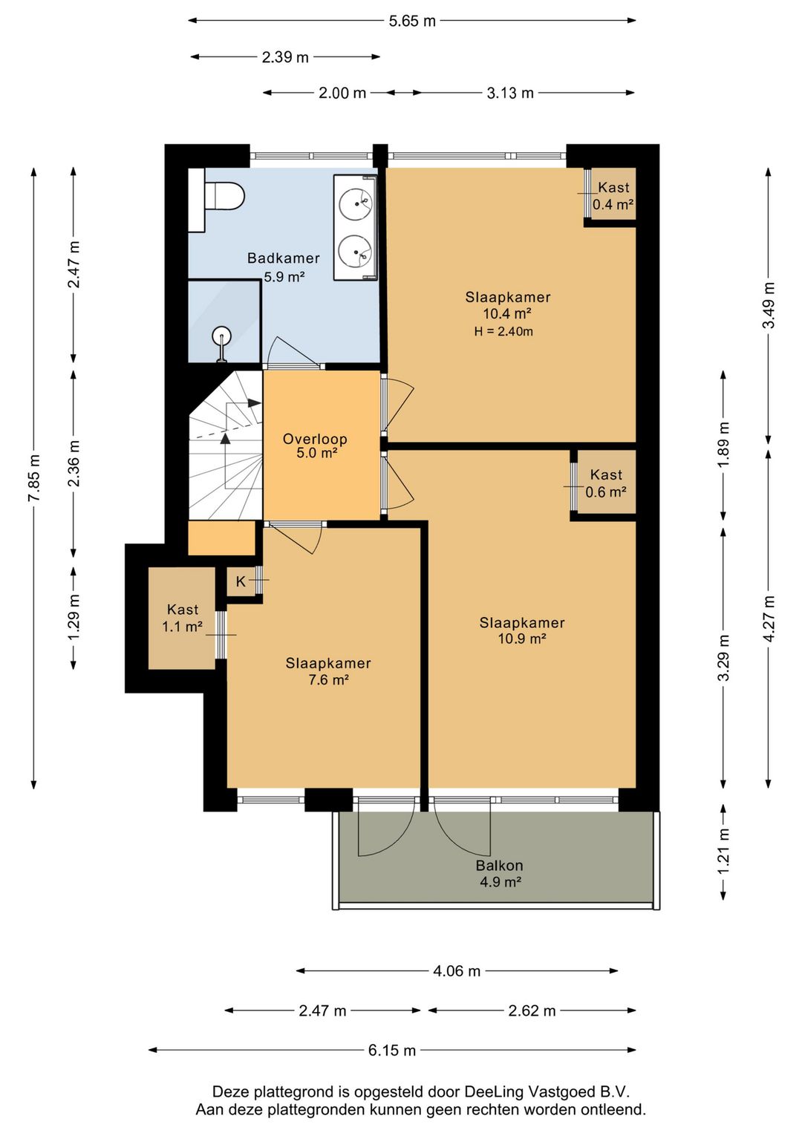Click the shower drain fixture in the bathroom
point(221,344)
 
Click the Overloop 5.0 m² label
point(315,445)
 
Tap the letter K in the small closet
point(241,581)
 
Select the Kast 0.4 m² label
point(613,196)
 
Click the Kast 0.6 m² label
point(606,483)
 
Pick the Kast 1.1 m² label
point(183,618)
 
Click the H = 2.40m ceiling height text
point(503,332)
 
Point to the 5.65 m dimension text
point(412,22)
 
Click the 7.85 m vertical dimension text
point(35,477)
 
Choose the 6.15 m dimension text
point(391,1051)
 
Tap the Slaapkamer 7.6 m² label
point(328,671)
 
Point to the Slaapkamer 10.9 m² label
point(522,631)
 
